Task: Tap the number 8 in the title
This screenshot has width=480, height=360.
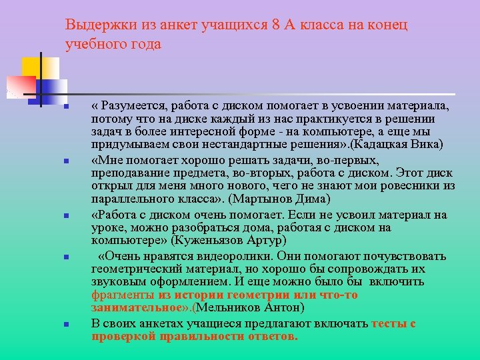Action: [x=275, y=25]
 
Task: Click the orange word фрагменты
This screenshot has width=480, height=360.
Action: [x=123, y=295]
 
